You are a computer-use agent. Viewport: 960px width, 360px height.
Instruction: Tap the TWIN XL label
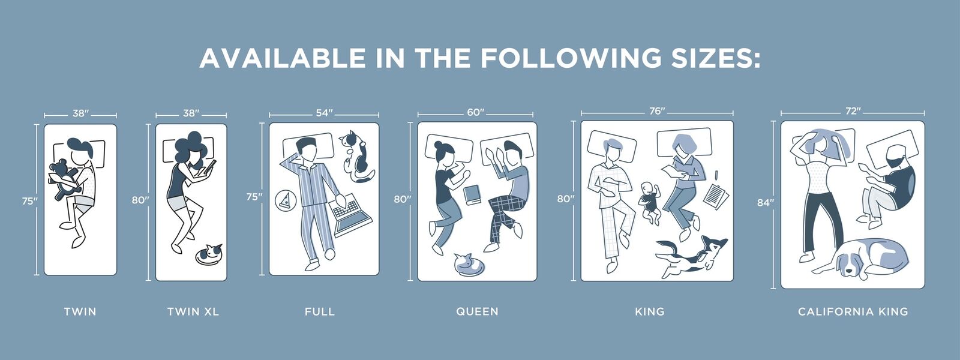click(193, 311)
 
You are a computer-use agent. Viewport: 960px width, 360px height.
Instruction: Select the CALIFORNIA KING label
click(853, 311)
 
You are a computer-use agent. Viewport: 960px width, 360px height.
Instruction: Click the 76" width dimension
click(657, 111)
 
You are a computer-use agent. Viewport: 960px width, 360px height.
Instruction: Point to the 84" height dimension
click(764, 203)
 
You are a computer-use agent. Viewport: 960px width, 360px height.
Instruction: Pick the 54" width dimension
click(325, 113)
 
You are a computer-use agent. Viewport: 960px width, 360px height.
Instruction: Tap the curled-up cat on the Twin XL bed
click(209, 254)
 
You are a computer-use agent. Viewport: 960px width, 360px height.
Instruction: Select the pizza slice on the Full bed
click(284, 200)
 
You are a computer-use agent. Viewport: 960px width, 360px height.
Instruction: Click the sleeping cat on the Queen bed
click(469, 264)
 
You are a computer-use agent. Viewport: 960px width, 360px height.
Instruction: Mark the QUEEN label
click(478, 311)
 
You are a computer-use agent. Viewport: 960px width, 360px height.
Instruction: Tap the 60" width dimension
click(476, 113)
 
